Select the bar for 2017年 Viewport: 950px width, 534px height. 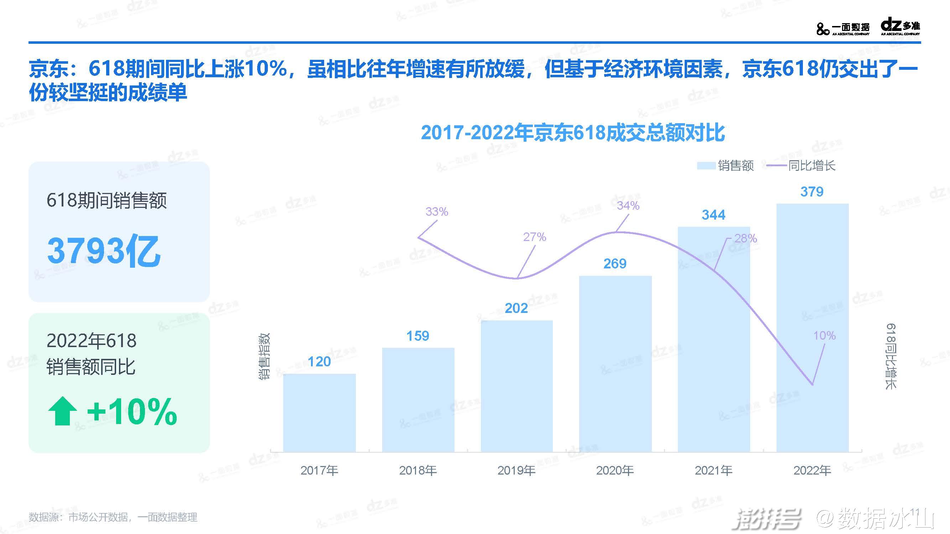320,413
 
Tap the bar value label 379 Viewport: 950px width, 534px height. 812,192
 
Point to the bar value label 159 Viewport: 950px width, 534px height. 417,336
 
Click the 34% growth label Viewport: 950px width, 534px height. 628,205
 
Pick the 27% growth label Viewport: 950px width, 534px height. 534,237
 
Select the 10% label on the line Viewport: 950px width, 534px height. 824,335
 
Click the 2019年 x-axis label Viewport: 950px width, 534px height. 516,470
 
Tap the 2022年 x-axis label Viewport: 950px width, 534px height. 812,470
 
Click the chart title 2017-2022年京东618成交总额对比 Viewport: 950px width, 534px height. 573,133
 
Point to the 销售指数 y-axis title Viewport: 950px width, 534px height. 264,356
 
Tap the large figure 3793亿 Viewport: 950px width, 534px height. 104,251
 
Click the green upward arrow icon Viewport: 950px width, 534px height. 62,411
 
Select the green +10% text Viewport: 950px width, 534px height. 132,412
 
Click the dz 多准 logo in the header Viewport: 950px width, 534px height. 900,27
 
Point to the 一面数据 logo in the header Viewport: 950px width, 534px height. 843,28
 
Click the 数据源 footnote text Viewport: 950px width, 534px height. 113,517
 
